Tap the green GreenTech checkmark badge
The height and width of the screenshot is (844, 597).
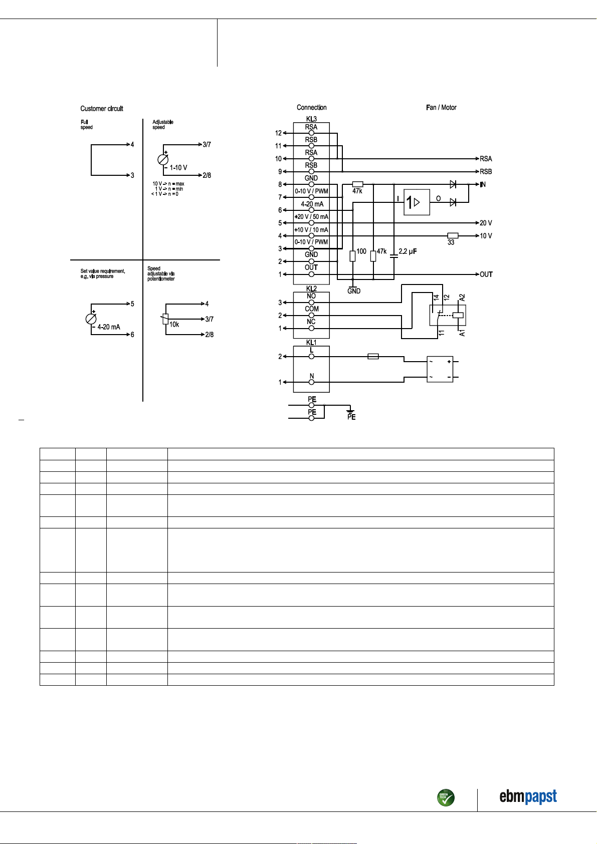click(x=446, y=797)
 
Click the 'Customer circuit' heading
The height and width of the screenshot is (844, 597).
click(x=101, y=109)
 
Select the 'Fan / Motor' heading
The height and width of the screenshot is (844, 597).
click(x=441, y=107)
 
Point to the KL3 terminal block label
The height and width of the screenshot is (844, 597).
click(x=311, y=119)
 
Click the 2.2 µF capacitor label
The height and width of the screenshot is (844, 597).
click(x=408, y=251)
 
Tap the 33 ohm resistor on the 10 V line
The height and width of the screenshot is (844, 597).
click(x=453, y=235)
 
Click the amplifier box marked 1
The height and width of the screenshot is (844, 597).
click(x=417, y=202)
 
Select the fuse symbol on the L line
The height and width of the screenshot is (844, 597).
click(x=373, y=357)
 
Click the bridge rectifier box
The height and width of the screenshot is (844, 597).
click(x=440, y=369)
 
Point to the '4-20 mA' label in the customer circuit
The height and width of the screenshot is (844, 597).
click(x=109, y=327)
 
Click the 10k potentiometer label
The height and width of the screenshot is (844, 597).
click(x=174, y=325)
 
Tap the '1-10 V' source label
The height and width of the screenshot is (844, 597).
click(x=178, y=168)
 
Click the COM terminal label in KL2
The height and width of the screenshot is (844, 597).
click(x=311, y=309)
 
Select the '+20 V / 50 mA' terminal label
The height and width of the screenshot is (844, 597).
click(x=311, y=217)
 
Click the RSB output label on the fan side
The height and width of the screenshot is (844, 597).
click(x=486, y=171)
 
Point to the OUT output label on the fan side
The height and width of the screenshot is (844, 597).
click(x=486, y=274)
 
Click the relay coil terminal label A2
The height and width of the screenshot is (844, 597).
click(x=462, y=298)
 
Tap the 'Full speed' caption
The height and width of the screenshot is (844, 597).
click(x=86, y=124)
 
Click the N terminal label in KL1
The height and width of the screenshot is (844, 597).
click(x=311, y=376)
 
